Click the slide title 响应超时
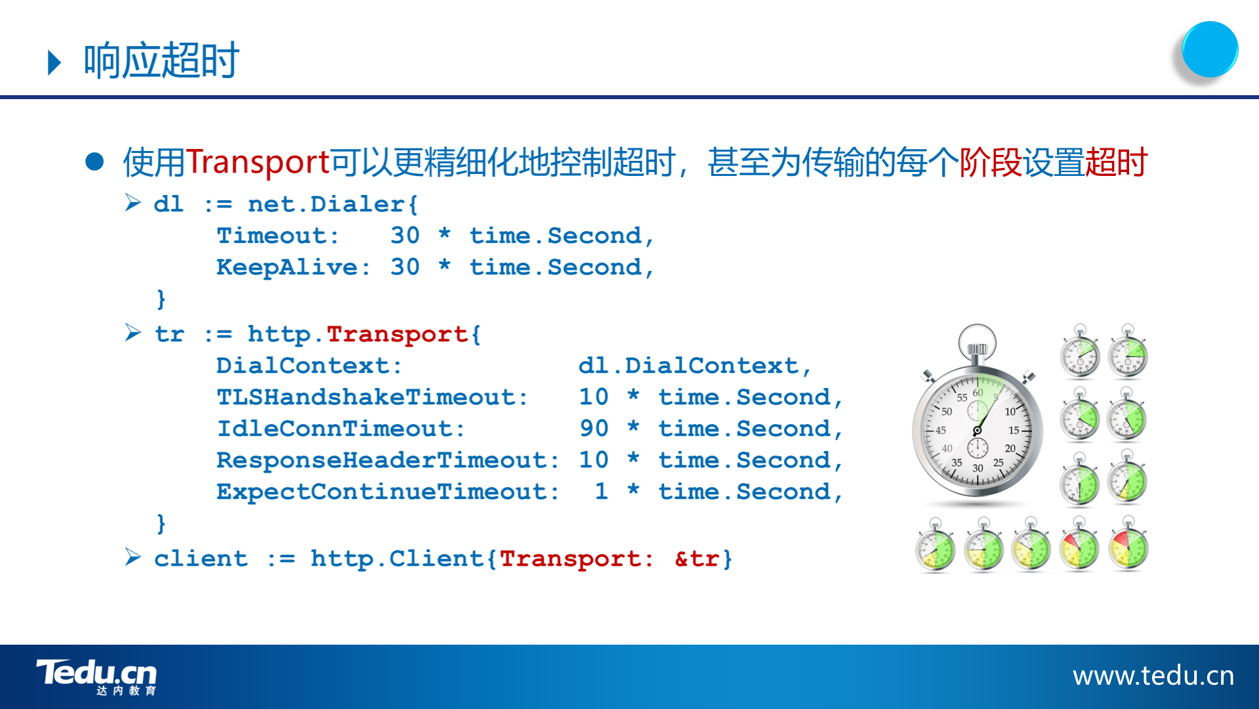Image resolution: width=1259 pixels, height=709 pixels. click(161, 60)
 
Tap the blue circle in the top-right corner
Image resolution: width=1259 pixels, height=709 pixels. click(1209, 49)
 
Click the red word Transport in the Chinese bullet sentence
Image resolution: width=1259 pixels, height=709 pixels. click(258, 162)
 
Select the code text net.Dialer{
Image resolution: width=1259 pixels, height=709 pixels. click(333, 204)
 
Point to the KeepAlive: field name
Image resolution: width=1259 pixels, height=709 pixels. click(293, 267)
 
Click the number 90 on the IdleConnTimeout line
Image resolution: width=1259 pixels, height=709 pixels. click(594, 429)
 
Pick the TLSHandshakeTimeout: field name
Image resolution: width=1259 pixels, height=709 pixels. click(372, 397)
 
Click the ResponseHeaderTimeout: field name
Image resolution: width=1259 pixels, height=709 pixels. click(388, 460)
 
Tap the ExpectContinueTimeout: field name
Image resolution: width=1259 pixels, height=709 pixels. click(388, 492)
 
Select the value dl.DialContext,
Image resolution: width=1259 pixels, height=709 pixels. click(695, 366)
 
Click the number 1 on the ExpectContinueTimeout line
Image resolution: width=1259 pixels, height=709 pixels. click(601, 492)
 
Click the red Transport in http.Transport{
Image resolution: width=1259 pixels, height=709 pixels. click(397, 334)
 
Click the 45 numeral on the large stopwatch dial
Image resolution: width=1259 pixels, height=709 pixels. click(940, 431)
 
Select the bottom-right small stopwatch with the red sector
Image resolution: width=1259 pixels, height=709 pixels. click(1128, 544)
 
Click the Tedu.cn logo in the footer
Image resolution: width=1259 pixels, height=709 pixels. click(96, 677)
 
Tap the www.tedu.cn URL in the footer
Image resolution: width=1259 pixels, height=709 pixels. click(1153, 676)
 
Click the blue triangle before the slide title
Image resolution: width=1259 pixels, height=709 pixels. click(54, 63)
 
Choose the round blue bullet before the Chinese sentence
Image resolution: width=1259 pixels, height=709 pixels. click(94, 161)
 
